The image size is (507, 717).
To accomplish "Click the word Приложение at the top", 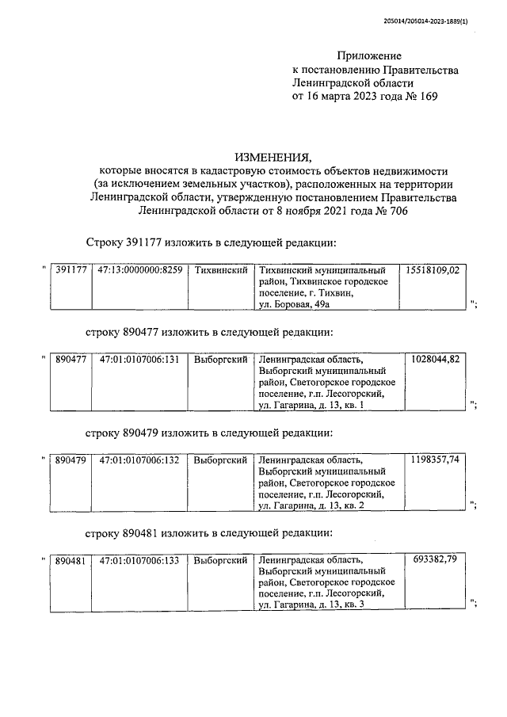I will point(369,55).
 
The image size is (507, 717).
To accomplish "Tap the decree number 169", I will point(426,96).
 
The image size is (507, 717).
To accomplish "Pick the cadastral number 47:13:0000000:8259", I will point(140,270).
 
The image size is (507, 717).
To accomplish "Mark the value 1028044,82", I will point(436,359).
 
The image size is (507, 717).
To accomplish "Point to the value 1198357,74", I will point(436,460).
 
